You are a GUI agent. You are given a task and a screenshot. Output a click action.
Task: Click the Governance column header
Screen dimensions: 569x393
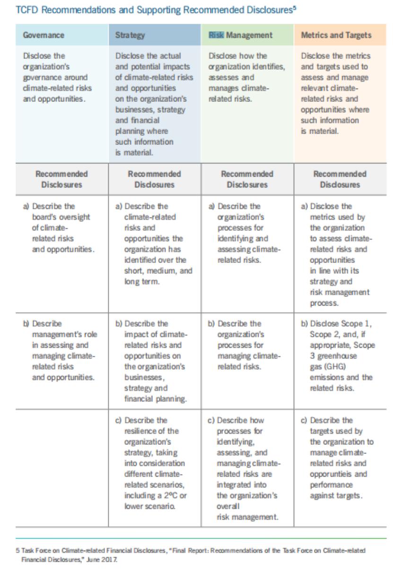tap(44, 35)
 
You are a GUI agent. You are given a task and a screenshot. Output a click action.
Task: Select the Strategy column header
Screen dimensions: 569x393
tap(130, 35)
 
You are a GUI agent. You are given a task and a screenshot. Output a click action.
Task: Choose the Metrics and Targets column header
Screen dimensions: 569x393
tap(336, 35)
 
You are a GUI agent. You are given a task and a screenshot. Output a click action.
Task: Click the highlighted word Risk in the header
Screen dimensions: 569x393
tap(217, 35)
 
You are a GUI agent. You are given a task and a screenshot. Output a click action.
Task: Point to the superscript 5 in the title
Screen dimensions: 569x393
tap(295, 7)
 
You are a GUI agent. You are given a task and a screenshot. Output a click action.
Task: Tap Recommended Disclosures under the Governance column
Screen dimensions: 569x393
tap(61, 179)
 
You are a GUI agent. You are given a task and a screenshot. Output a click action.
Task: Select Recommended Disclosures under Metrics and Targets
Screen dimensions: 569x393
tap(339, 179)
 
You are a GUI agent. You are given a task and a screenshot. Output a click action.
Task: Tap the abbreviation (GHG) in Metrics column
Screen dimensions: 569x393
tap(323, 367)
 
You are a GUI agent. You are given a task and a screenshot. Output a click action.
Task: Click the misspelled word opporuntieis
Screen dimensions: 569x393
tap(331, 474)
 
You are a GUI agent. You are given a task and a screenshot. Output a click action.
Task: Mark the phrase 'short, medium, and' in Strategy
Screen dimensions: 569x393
tap(158, 271)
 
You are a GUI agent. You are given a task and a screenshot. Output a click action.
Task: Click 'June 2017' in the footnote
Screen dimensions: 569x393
tap(103, 559)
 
